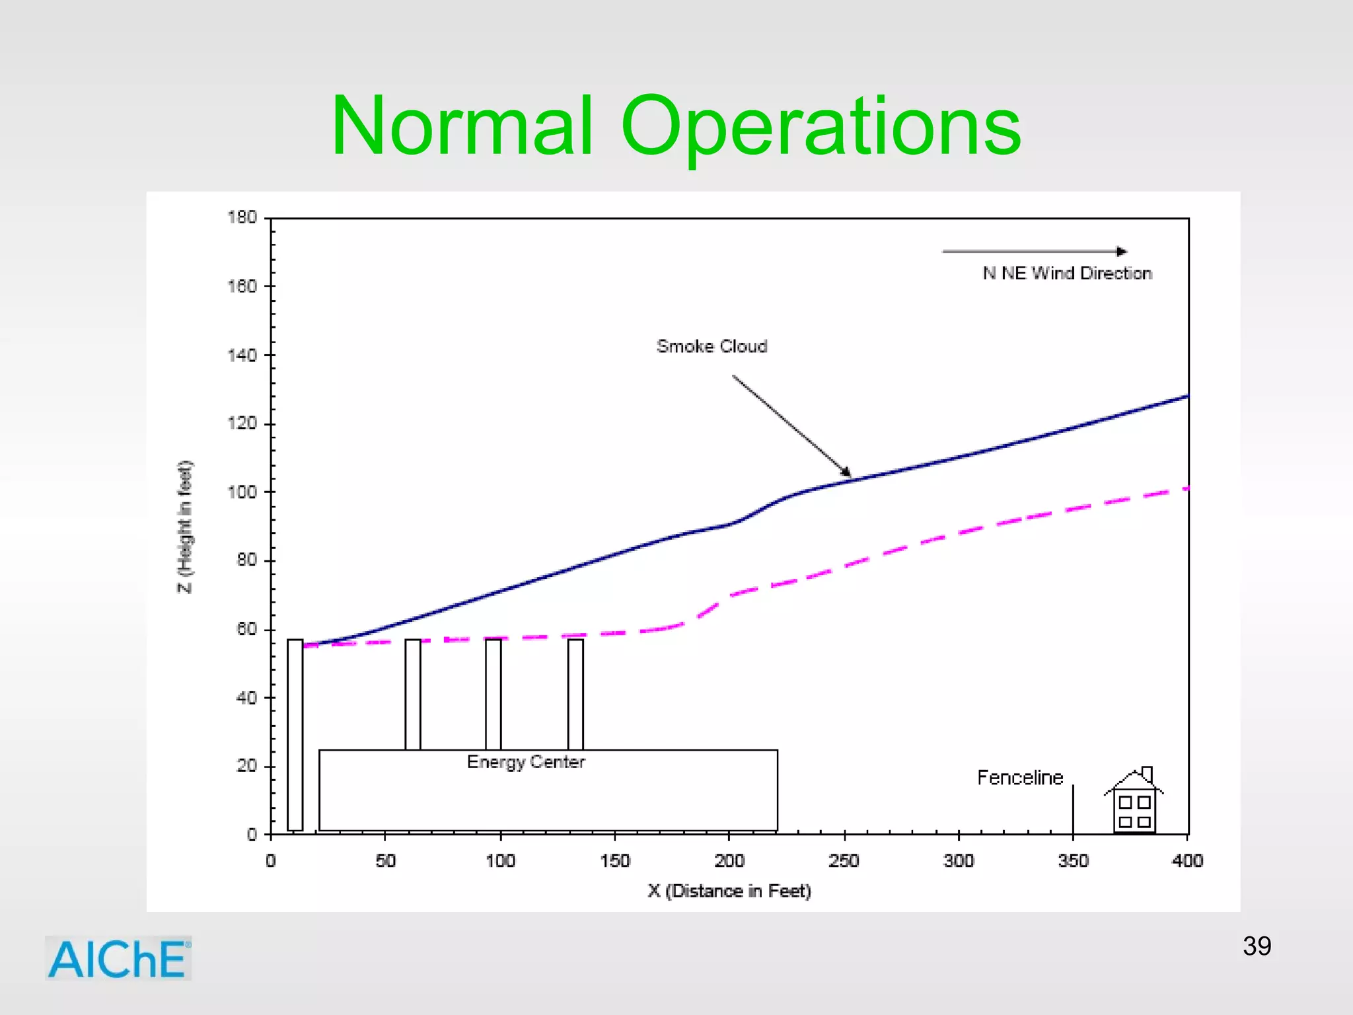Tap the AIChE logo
pos(118,958)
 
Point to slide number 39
pos(1257,946)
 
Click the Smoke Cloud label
pos(712,346)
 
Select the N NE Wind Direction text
pos(1067,273)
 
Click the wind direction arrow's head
pos(1122,251)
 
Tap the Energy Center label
pos(525,762)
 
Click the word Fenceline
pos(1019,778)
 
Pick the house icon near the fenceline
pos(1134,803)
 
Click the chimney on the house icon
pos(1147,774)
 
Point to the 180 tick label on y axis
pos(242,217)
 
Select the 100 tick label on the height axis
pos(242,492)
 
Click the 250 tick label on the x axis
pos(844,860)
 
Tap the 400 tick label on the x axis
pos(1187,860)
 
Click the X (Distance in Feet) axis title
pos(729,891)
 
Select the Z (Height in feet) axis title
pos(185,527)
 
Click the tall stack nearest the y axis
pos(295,733)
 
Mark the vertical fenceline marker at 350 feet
pos(1073,809)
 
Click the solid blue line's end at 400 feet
pos(1187,396)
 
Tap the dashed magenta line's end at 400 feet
pos(1185,489)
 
